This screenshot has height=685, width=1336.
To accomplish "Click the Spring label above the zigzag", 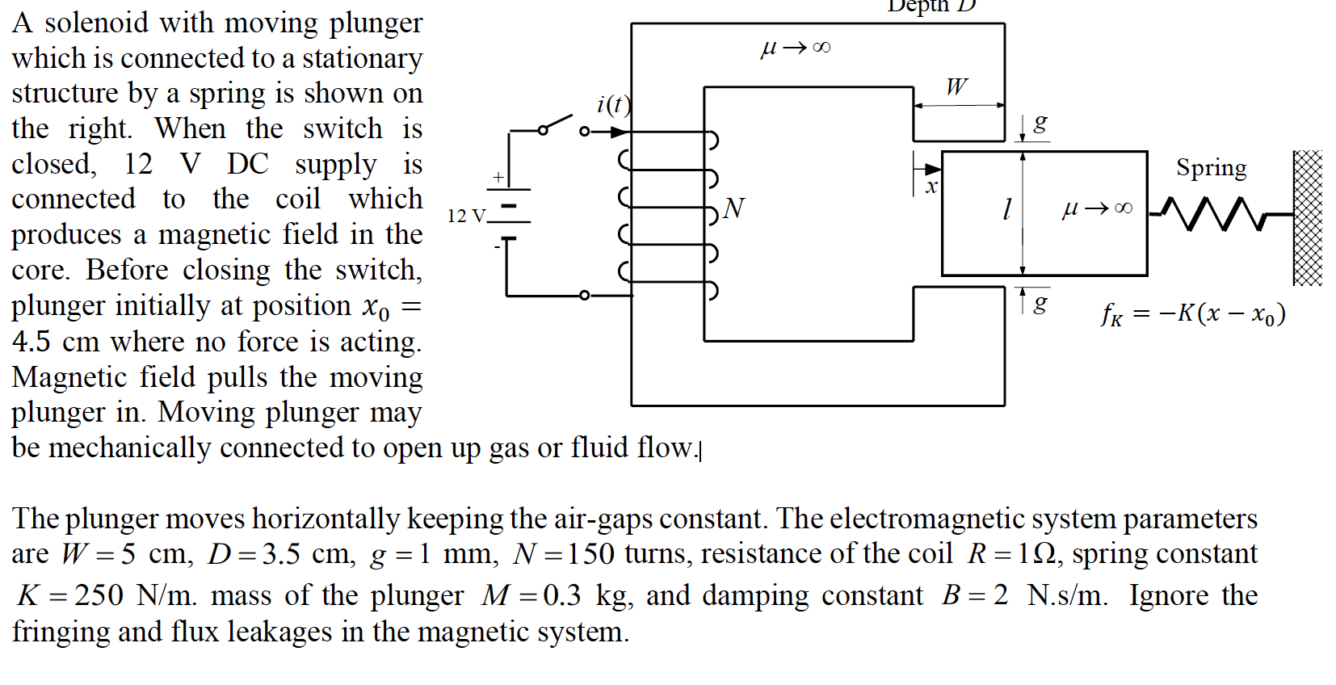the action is coord(1212,169).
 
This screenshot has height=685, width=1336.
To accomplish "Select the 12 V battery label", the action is coord(467,216).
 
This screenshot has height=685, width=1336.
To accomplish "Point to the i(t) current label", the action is coord(614,104).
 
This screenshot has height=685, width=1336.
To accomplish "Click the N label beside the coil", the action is coord(734,208).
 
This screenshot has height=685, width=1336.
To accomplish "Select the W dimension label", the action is coord(956,87).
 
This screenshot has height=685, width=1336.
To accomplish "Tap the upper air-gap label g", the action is coord(1040,124).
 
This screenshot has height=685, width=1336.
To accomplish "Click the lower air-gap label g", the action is coord(1040,305).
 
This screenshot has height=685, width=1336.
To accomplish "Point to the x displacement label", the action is coord(931,187).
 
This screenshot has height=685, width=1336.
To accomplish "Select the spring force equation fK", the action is coord(1193,314).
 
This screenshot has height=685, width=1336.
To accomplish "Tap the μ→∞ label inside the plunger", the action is coord(1097,209).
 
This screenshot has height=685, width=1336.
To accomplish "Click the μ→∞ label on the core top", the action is coord(796,48).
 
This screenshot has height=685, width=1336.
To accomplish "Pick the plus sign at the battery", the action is coord(498,177).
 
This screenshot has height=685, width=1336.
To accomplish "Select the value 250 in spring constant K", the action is coord(98,595).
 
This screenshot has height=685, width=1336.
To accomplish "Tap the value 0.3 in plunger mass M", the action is coord(562,595).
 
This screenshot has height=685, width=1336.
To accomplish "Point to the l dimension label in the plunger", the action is coord(1006,209).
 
